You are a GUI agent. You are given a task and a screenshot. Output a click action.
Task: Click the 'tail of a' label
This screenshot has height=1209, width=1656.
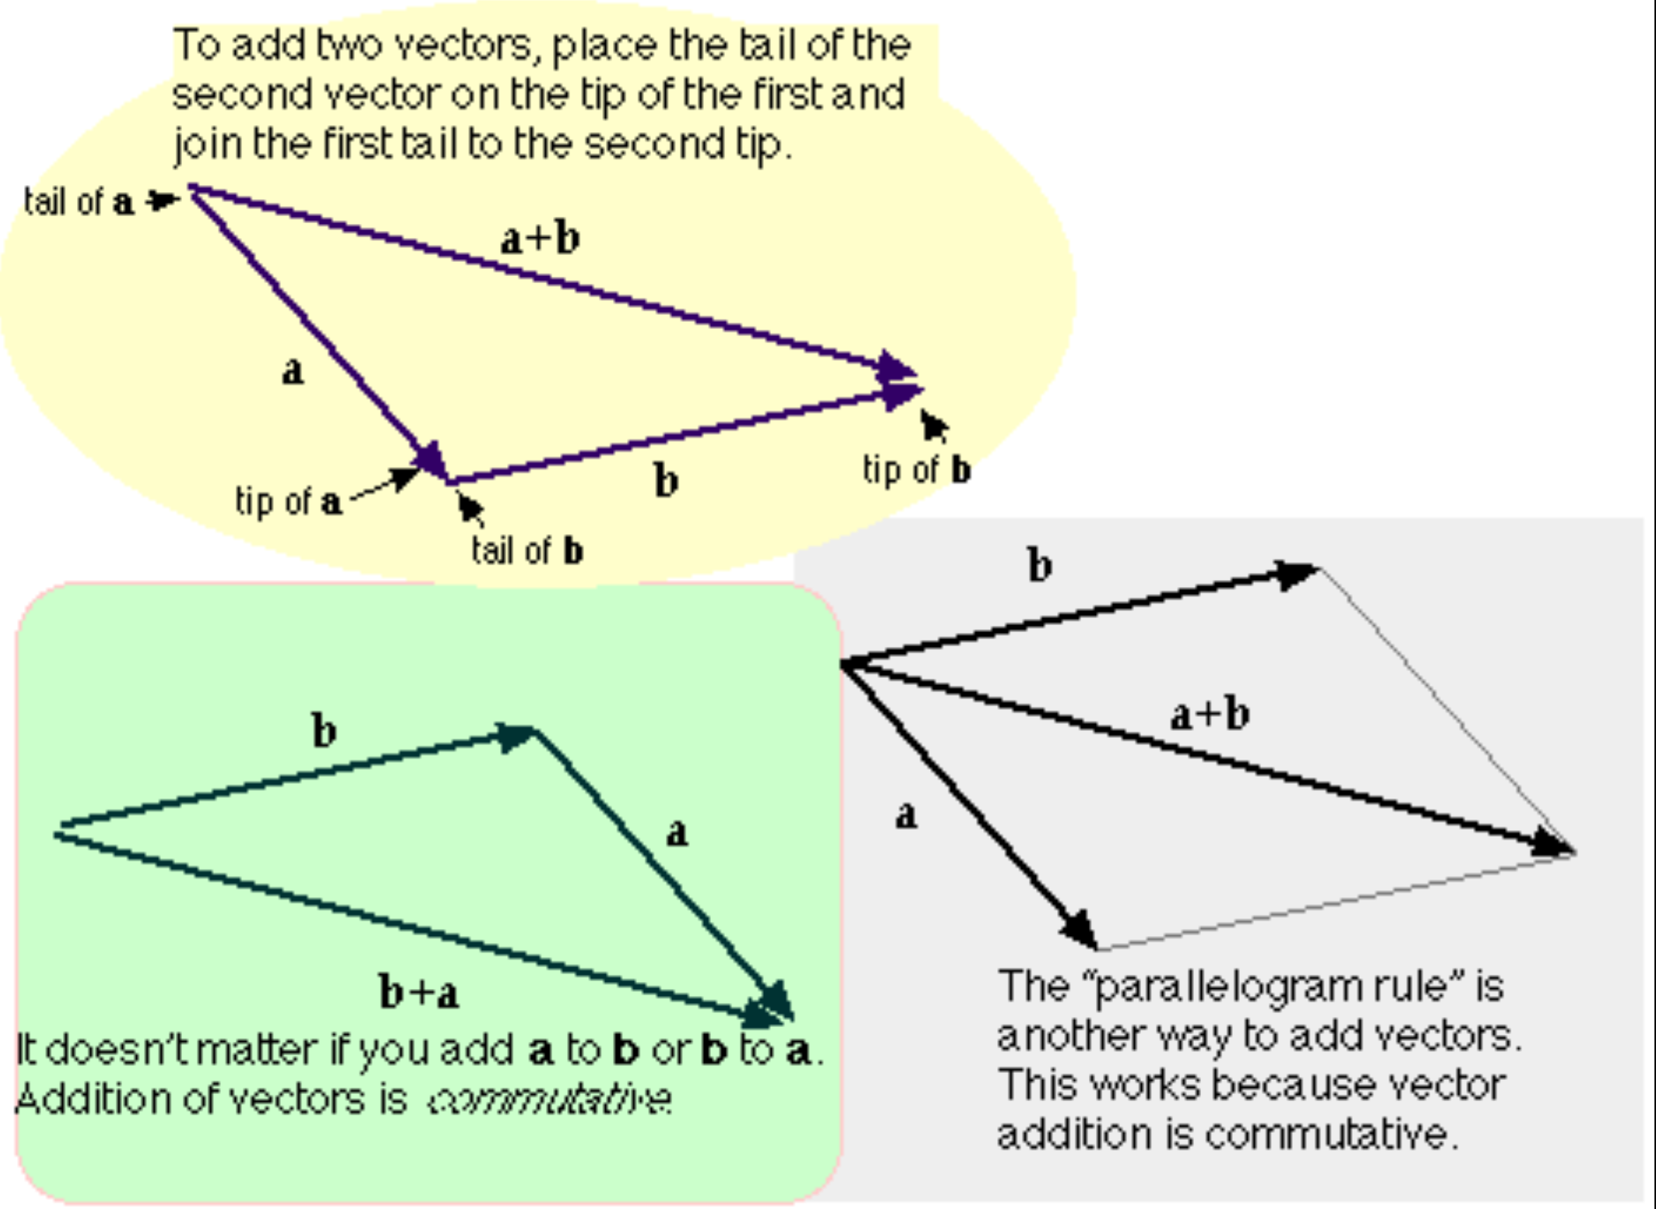79,202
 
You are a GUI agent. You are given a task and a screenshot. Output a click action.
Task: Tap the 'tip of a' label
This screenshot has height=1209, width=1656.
289,501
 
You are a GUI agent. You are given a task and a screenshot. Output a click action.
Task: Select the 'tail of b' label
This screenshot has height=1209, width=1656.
527,550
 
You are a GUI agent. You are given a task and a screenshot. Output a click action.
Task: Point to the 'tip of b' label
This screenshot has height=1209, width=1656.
916,470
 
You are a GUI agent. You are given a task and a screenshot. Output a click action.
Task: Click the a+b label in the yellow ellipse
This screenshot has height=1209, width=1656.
540,239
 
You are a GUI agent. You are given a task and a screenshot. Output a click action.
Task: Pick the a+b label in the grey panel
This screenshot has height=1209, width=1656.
1210,714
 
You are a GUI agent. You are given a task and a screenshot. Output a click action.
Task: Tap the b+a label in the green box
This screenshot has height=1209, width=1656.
418,992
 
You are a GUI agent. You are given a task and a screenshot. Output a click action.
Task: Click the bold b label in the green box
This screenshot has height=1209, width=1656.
324,731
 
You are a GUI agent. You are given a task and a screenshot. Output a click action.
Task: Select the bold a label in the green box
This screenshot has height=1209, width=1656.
677,833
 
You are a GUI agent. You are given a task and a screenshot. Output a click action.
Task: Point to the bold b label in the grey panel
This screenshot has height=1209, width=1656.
1040,565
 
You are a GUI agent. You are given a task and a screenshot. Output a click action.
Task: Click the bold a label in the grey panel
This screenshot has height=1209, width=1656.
905,816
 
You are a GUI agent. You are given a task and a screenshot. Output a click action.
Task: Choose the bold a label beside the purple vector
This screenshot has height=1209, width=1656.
292,371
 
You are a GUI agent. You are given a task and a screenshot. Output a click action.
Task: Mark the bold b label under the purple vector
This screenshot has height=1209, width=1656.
666,480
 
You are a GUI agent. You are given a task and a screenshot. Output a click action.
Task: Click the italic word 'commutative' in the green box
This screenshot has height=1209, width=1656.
550,1099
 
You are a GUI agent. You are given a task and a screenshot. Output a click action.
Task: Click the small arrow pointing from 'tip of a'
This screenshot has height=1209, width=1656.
385,485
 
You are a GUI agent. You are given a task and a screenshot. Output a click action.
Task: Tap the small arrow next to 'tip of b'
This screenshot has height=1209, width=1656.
933,425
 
